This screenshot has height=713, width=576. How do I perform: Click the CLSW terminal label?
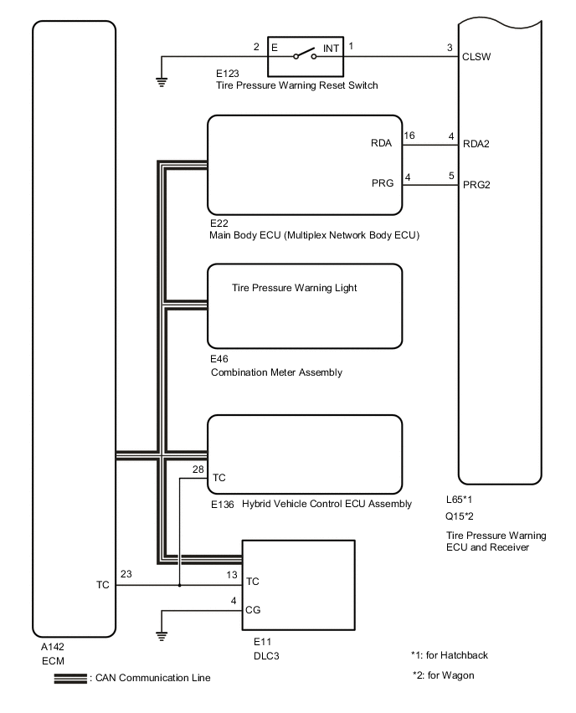[476, 59]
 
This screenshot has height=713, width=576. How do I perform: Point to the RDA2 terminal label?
[476, 144]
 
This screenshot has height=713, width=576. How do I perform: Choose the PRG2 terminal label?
[476, 185]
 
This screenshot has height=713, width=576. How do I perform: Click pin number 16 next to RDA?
[409, 135]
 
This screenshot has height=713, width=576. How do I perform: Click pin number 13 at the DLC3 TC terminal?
[232, 576]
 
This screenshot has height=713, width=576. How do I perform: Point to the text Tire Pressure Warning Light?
[294, 288]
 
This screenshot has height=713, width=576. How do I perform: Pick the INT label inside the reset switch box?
[331, 49]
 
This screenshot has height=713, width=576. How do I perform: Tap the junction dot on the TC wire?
[180, 586]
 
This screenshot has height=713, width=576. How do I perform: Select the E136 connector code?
[222, 504]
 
